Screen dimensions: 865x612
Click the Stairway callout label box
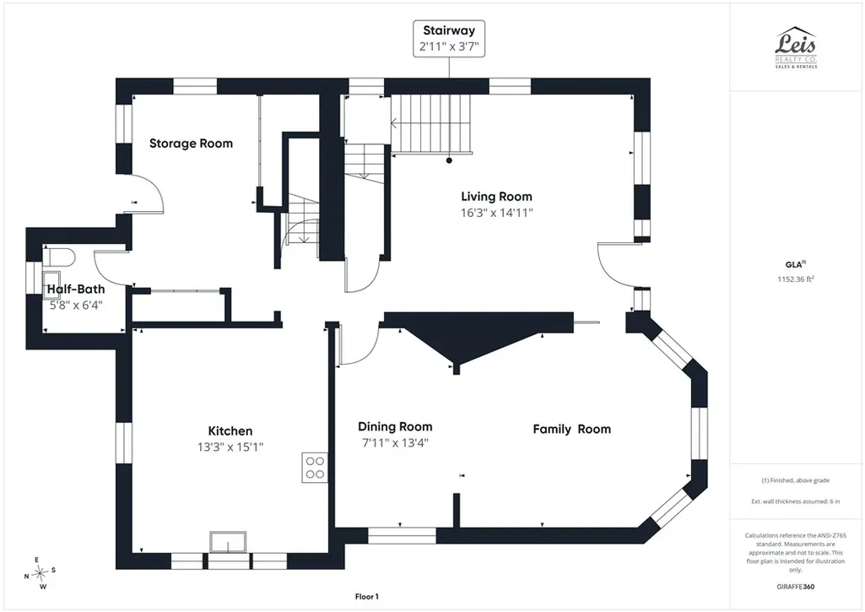point(449,39)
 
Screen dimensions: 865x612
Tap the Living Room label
point(496,197)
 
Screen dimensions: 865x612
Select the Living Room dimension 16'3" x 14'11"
point(497,213)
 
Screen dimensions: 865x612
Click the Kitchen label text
point(230,431)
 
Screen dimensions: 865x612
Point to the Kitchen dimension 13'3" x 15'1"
point(230,447)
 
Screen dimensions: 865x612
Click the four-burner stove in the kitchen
point(315,468)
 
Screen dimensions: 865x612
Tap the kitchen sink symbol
point(228,542)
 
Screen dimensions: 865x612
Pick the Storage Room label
point(191,144)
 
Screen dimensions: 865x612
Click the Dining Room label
point(395,426)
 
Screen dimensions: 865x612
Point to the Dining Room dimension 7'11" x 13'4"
point(395,442)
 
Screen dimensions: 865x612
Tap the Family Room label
point(572,430)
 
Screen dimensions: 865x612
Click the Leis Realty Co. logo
point(796,48)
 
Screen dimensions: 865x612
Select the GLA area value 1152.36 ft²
point(796,279)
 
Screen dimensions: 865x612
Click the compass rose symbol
point(40,574)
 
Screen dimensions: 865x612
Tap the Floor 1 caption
point(367,597)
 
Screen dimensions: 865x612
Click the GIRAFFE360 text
point(796,587)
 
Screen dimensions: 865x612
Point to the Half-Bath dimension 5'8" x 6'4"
point(76,306)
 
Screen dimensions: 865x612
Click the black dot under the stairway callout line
point(449,160)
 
